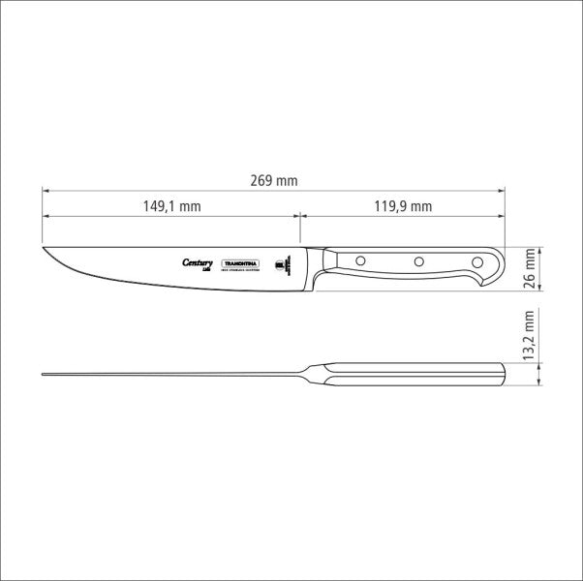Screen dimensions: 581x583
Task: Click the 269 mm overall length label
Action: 274,180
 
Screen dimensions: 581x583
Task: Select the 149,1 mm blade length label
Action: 171,205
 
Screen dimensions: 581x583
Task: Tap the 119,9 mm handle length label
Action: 403,205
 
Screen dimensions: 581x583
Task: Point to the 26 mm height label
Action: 529,268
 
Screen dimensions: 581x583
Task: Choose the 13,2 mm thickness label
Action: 529,335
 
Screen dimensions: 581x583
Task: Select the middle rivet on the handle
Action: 418,260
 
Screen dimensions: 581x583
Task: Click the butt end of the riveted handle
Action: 501,268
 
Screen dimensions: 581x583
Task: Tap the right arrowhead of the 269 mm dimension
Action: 504,190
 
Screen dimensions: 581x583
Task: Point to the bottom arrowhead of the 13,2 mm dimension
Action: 538,384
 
